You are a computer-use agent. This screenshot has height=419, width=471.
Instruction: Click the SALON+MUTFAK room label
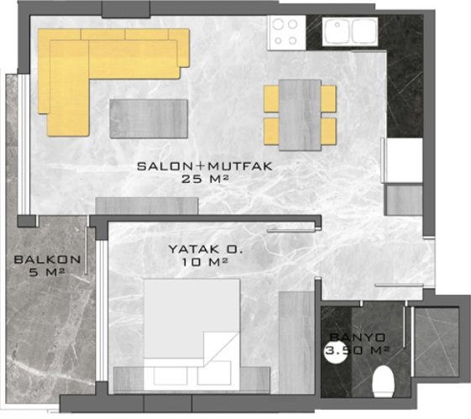(205, 166)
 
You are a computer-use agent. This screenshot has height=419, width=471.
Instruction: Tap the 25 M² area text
(205, 180)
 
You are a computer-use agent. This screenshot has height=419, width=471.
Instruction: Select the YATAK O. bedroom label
(206, 249)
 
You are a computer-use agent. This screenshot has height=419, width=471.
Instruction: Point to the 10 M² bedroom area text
(204, 262)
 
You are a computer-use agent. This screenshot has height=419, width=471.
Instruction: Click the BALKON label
(48, 259)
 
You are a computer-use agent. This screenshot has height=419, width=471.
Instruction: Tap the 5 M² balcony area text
(47, 272)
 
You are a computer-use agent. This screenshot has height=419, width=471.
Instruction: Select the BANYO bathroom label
(358, 338)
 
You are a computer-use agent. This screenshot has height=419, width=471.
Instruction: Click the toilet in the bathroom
(383, 381)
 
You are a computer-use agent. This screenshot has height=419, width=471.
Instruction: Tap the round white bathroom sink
(336, 352)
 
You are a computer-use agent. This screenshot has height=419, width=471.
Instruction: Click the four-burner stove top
(286, 33)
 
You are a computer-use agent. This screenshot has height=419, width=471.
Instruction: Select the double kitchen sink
(350, 31)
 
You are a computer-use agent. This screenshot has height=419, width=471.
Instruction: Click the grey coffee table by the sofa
(149, 118)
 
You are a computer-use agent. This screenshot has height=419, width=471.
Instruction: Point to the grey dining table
(300, 115)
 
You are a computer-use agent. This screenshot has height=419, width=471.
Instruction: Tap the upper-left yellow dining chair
(271, 99)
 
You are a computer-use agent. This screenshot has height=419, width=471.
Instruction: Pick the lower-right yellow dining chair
(328, 131)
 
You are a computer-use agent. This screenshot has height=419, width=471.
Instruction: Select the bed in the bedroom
(191, 334)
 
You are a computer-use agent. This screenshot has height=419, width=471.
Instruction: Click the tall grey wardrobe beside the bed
(296, 342)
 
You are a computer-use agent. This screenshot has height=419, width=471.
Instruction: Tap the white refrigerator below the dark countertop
(405, 160)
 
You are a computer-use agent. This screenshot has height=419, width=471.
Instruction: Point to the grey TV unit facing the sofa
(147, 206)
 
